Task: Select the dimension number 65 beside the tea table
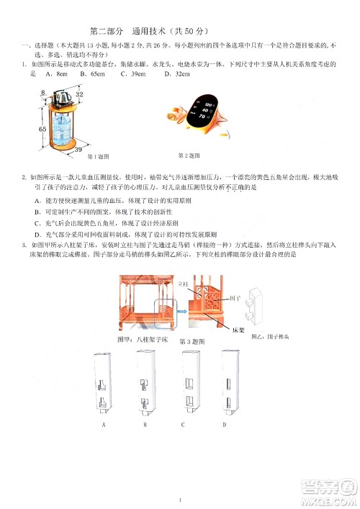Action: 42,129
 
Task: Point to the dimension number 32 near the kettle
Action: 79,94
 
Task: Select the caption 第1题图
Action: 97,157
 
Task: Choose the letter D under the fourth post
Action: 225,425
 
